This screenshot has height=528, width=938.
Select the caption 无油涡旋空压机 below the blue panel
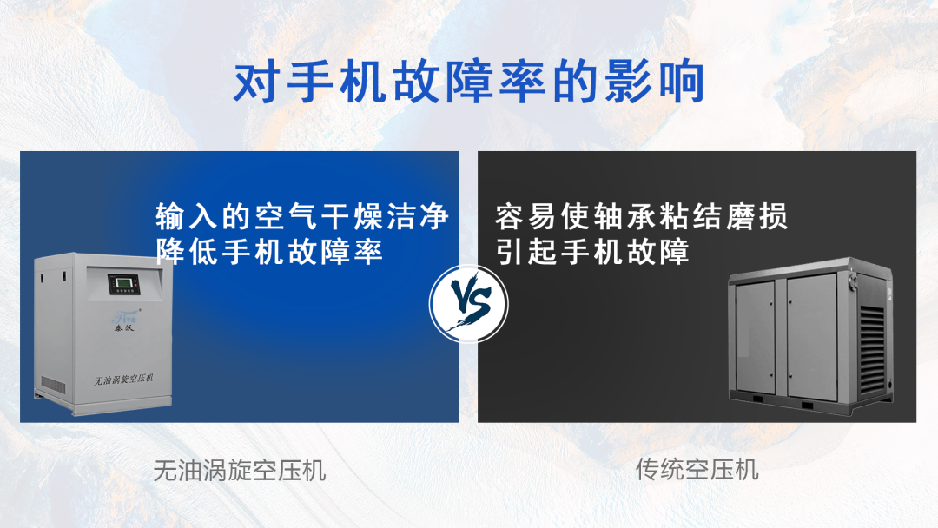tap(240, 471)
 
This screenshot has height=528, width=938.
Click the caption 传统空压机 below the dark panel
tap(697, 470)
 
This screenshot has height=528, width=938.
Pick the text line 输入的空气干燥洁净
tap(302, 217)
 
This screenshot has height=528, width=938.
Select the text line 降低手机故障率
tap(269, 252)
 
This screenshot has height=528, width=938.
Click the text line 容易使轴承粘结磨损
tap(642, 217)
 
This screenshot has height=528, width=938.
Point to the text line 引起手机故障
tap(592, 252)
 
